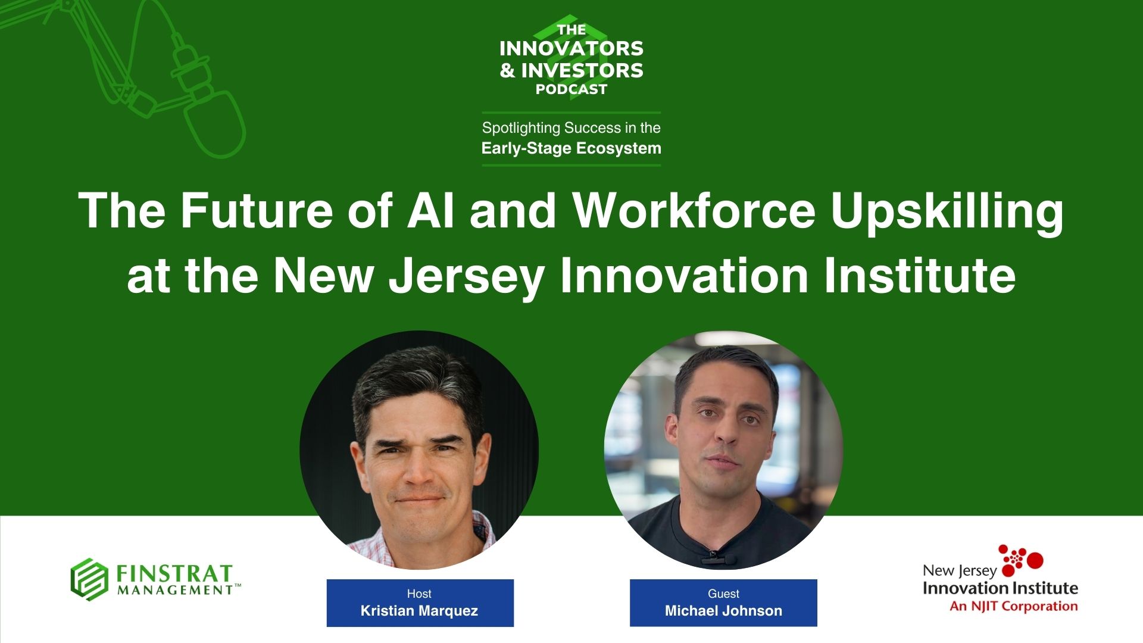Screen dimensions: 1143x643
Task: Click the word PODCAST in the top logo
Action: click(571, 89)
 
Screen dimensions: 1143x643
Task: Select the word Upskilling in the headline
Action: click(947, 214)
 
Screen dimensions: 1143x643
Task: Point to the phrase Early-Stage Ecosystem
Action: click(571, 148)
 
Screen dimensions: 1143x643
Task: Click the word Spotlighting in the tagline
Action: click(521, 128)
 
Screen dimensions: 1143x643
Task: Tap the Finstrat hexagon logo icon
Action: click(89, 579)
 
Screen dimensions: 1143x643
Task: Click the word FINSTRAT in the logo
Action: click(174, 573)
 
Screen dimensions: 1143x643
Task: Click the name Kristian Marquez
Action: click(420, 611)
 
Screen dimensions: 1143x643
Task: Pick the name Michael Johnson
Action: click(723, 611)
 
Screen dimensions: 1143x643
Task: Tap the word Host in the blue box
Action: click(419, 594)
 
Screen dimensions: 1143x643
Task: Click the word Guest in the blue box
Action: click(723, 594)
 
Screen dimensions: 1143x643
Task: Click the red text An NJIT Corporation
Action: click(1014, 607)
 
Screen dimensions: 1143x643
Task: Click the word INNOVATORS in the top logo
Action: click(571, 48)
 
